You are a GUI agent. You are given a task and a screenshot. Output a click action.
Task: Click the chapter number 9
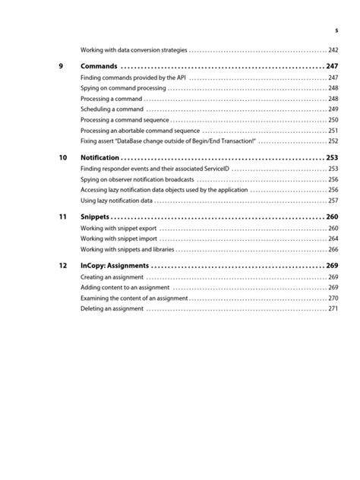(61, 66)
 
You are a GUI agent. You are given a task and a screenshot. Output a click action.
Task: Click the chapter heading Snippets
(94, 216)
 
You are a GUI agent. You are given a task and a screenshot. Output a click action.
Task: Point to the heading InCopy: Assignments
(115, 266)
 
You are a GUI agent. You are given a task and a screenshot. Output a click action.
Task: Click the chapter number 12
(62, 266)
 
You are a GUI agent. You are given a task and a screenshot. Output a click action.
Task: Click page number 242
(333, 49)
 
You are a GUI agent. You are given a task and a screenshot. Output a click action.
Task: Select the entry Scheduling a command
(107, 109)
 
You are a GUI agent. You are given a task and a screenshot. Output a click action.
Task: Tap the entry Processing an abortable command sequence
(134, 131)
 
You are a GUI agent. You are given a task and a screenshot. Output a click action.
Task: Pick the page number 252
(333, 141)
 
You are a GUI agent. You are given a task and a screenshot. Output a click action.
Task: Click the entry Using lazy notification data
(116, 201)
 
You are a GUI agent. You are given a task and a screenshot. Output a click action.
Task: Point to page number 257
(333, 201)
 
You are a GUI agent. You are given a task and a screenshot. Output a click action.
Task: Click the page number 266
(333, 249)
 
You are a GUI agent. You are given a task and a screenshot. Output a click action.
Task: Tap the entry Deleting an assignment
(112, 309)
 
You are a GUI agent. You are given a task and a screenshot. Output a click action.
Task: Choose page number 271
(333, 309)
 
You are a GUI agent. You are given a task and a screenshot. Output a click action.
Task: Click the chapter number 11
(62, 216)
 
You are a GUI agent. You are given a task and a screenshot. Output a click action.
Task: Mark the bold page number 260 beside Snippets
(332, 216)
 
